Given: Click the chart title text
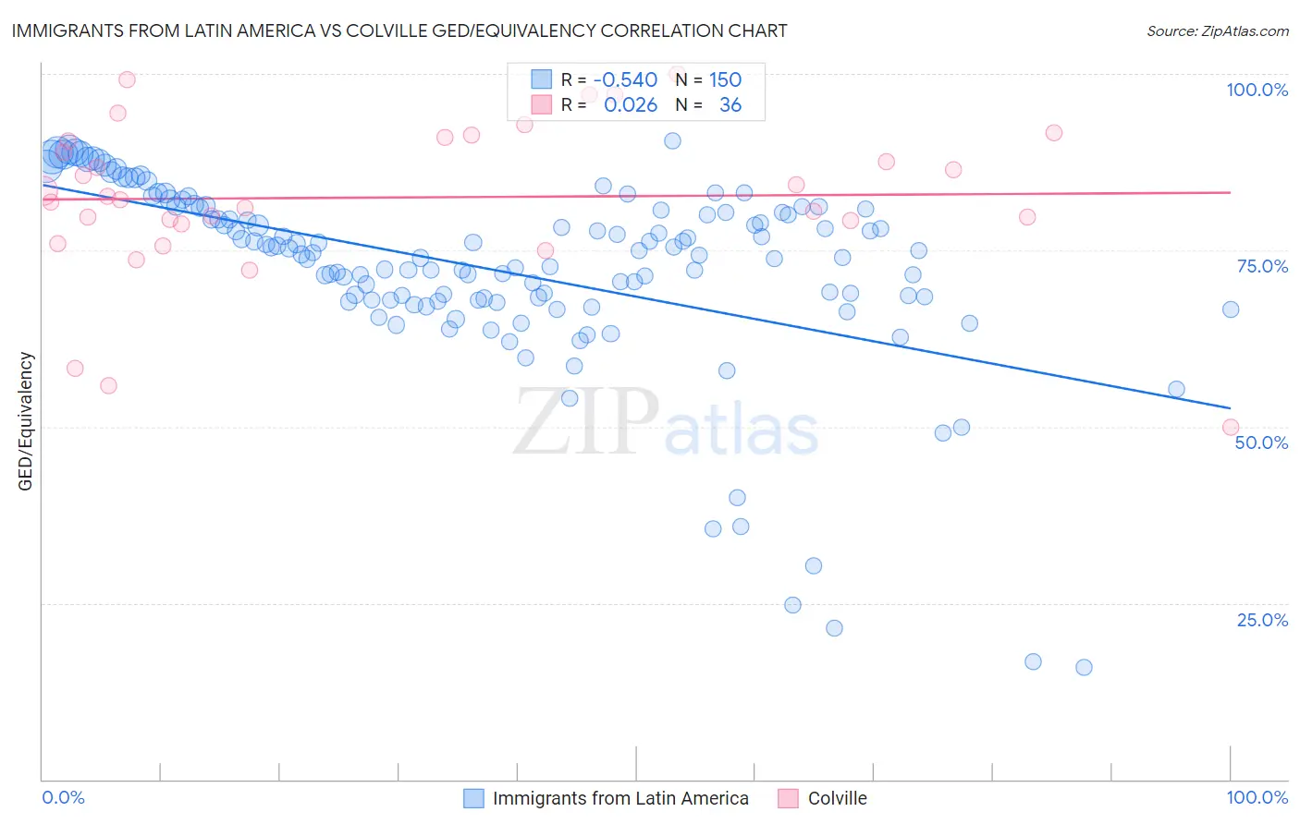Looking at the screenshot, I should (399, 30).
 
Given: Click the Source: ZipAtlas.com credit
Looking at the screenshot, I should (1217, 31).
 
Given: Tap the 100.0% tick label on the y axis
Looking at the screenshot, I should (1257, 90).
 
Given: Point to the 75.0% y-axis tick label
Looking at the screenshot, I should (1262, 266).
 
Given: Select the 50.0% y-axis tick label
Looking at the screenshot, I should (1261, 442).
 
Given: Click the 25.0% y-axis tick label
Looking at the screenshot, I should (1262, 620).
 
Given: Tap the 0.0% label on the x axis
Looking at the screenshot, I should (63, 797).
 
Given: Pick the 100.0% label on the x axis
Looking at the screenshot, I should (1257, 797).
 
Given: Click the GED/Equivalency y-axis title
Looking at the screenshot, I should (26, 421).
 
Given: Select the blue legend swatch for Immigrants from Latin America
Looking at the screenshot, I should (474, 798).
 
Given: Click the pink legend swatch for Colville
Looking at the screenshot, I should (788, 798).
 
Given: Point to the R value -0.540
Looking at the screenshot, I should (625, 79).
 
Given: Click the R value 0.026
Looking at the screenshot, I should (631, 105).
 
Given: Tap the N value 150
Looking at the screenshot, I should (725, 79).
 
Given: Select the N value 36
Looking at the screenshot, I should (730, 105).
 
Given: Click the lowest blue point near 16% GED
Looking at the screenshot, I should (1084, 667).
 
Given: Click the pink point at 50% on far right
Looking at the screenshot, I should (1230, 427).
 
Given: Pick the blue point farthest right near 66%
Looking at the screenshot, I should (1230, 309).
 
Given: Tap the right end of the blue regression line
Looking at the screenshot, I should (1230, 407).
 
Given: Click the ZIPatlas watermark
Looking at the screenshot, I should (666, 423).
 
